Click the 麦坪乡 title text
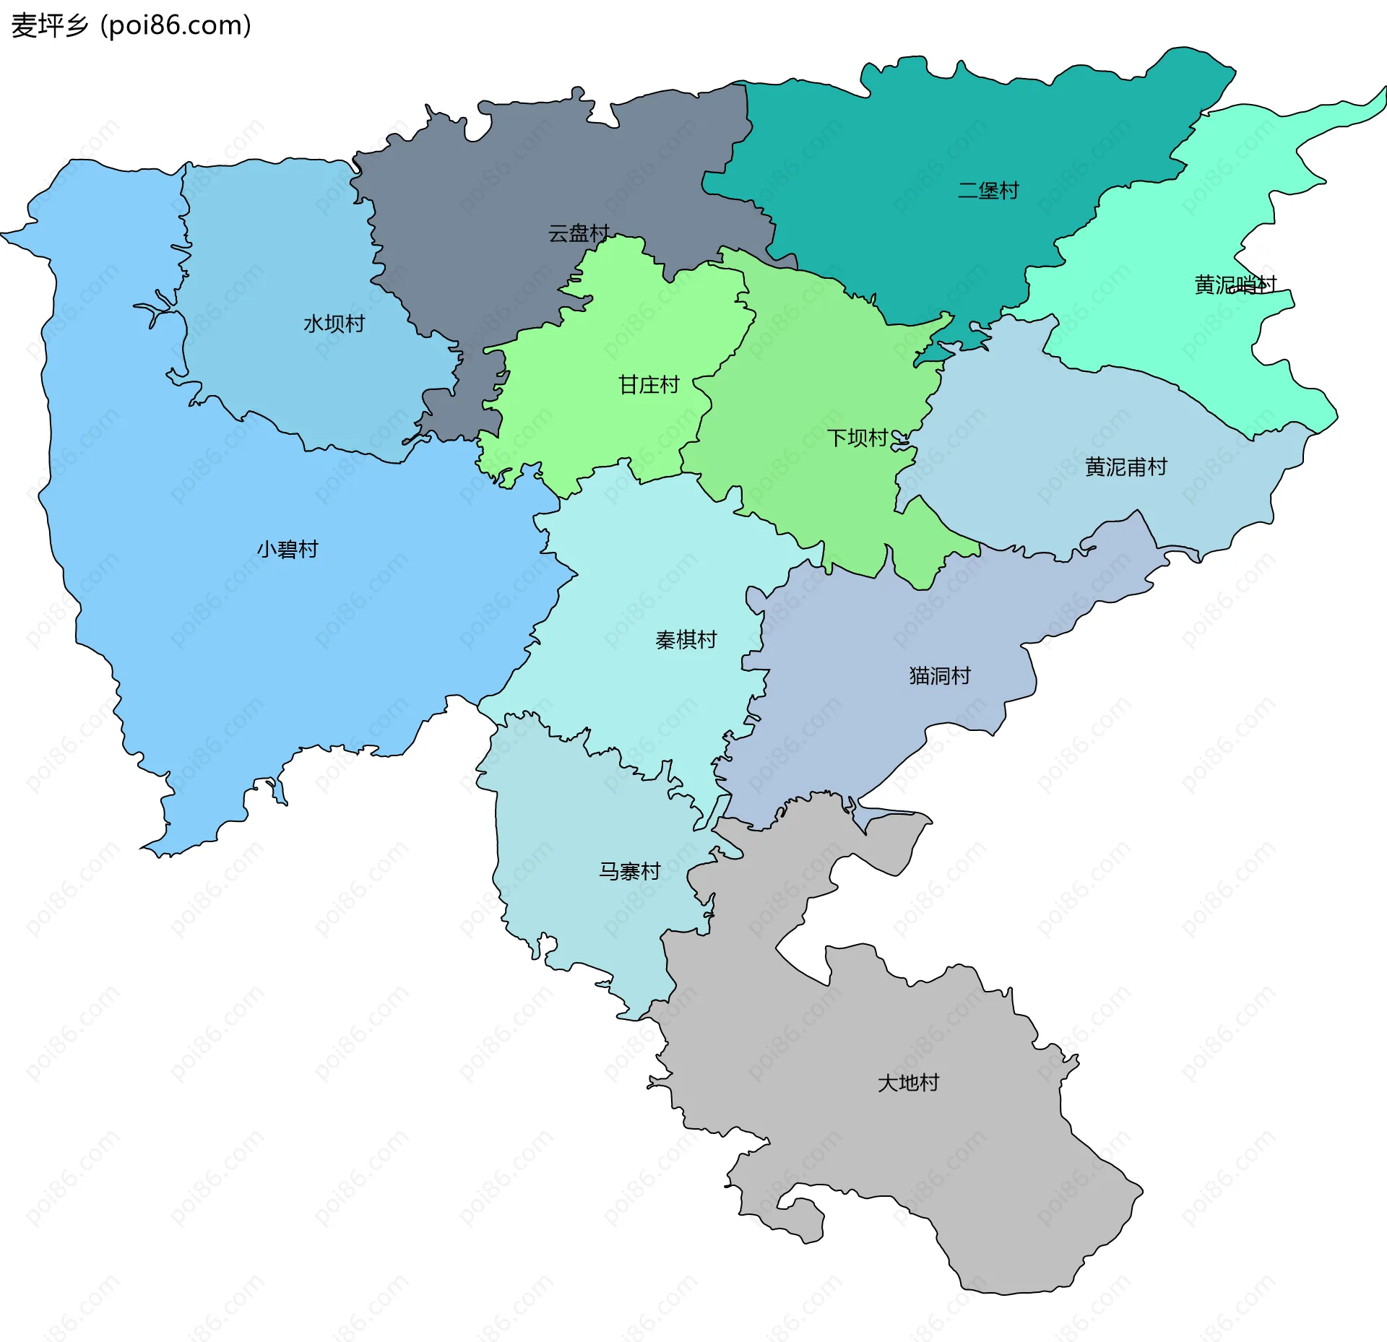click(49, 25)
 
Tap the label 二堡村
click(988, 191)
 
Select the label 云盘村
click(579, 233)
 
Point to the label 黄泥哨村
click(1235, 285)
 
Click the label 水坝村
click(334, 324)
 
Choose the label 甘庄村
click(649, 385)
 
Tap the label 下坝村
click(857, 438)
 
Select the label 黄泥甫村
click(1125, 467)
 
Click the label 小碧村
click(288, 550)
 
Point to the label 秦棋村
click(686, 640)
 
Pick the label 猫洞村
click(940, 676)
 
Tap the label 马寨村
click(629, 871)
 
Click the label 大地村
click(908, 1083)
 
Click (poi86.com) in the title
click(176, 25)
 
